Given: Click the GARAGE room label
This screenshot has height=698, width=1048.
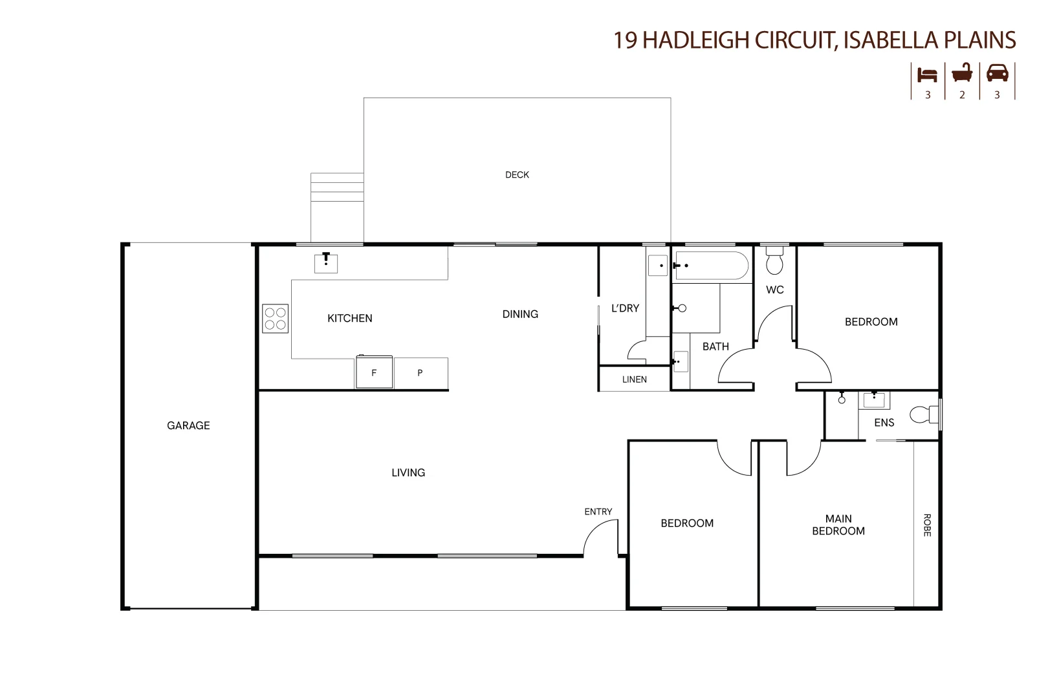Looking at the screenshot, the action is pyautogui.click(x=188, y=425).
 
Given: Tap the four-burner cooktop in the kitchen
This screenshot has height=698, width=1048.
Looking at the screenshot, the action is pyautogui.click(x=275, y=319).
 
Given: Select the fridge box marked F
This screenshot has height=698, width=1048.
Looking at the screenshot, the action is pyautogui.click(x=374, y=372).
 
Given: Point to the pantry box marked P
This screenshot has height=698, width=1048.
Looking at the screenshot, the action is pyautogui.click(x=420, y=373).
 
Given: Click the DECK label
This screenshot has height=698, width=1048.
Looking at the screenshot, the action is pyautogui.click(x=517, y=175).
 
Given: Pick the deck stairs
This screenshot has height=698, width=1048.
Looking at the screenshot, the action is pyautogui.click(x=337, y=187).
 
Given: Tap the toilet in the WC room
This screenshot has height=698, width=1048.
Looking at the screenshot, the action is pyautogui.click(x=774, y=261).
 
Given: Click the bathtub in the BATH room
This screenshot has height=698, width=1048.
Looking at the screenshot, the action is pyautogui.click(x=712, y=266).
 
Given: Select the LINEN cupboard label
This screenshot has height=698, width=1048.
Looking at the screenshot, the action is pyautogui.click(x=635, y=379).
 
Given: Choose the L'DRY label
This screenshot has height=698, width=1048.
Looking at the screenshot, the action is pyautogui.click(x=625, y=308).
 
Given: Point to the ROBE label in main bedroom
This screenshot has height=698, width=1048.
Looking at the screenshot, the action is pyautogui.click(x=927, y=525).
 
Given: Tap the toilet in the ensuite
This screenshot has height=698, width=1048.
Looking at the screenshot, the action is pyautogui.click(x=924, y=414).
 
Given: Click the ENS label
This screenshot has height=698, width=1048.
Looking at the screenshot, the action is pyautogui.click(x=884, y=423).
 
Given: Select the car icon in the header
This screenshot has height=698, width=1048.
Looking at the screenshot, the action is pyautogui.click(x=998, y=73).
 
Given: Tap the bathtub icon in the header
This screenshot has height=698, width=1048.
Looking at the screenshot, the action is pyautogui.click(x=962, y=73).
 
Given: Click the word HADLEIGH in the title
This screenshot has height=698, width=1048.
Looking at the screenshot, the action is pyautogui.click(x=696, y=40).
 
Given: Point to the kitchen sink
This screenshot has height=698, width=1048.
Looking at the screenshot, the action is pyautogui.click(x=326, y=263).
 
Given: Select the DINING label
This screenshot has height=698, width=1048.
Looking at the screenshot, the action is pyautogui.click(x=520, y=314).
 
